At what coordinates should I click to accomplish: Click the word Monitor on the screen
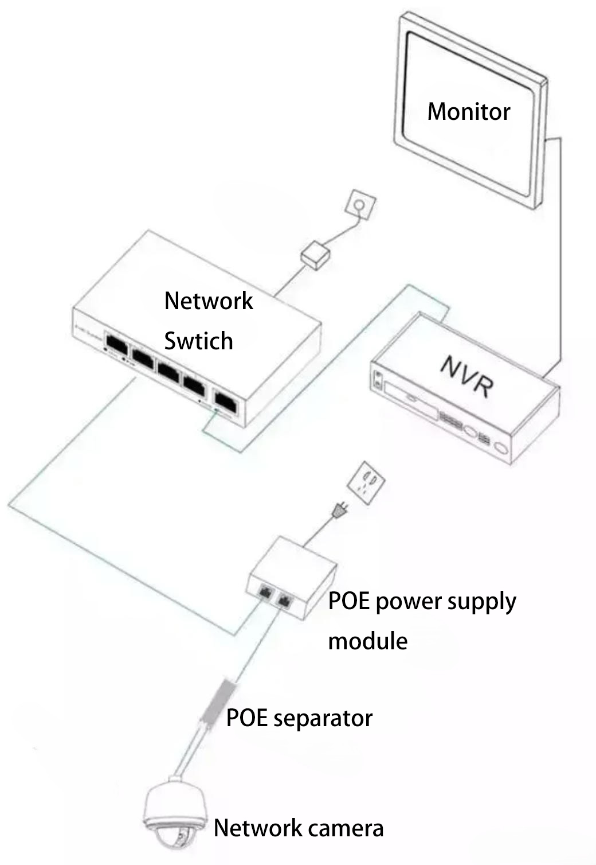pos(468,111)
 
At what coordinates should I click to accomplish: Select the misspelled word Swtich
pos(198,341)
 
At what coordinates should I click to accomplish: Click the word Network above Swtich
pos(209,301)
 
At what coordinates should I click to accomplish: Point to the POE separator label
pos(299,718)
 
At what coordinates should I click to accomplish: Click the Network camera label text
pos(298,828)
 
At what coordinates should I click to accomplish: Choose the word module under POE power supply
pos(367,641)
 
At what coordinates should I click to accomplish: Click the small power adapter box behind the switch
pos(317,255)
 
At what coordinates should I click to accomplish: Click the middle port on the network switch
pos(170,370)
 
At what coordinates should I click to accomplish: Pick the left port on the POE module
pos(266,591)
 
